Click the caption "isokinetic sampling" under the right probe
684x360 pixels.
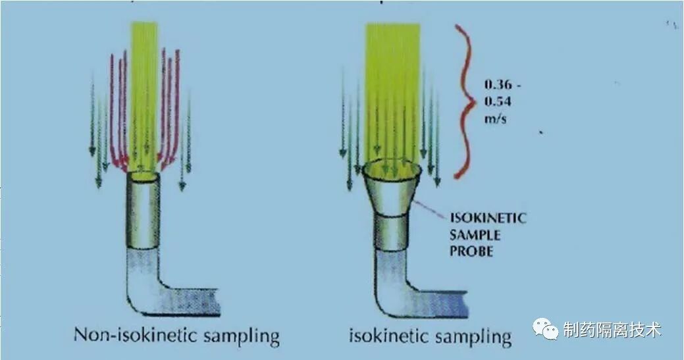[431, 337]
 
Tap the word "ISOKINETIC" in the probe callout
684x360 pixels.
[487, 218]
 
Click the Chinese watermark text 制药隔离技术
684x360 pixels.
[612, 330]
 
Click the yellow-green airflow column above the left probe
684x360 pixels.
[144, 86]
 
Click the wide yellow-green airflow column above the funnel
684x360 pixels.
[392, 86]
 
